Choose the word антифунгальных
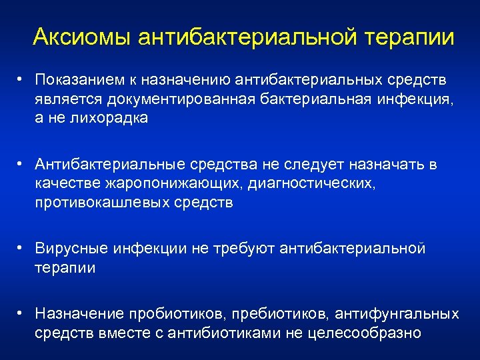tap(397, 314)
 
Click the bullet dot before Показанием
tap(22, 80)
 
